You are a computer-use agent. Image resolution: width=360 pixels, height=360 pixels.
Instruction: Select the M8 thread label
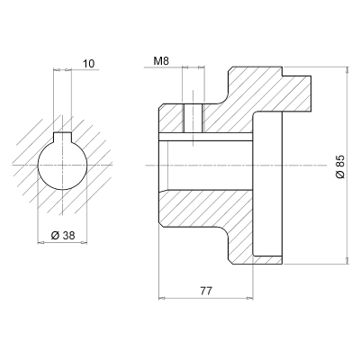[x=162, y=61]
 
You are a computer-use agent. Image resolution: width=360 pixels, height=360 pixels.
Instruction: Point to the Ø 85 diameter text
[x=339, y=166]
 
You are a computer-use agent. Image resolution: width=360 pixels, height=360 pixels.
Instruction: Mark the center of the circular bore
[x=62, y=162]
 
